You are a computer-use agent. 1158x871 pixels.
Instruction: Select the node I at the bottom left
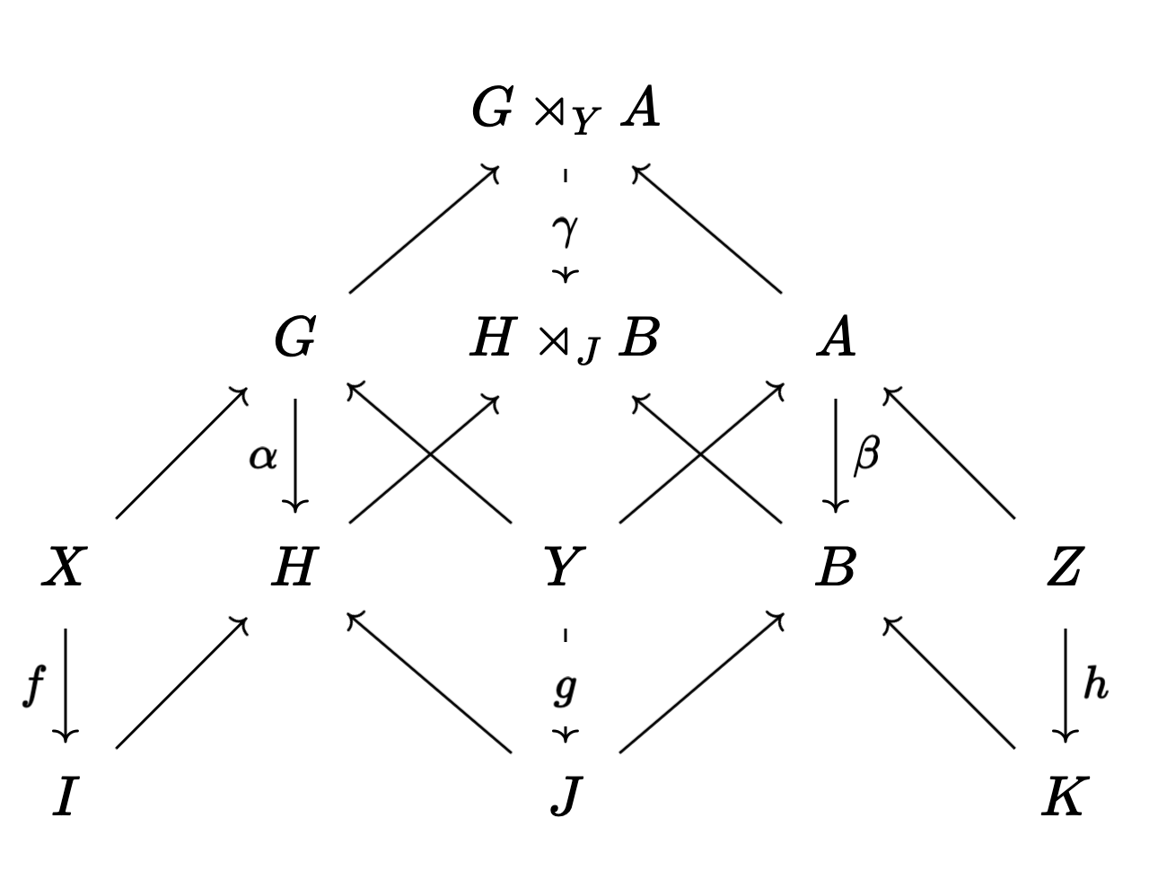click(62, 796)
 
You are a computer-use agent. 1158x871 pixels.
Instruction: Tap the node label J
click(563, 796)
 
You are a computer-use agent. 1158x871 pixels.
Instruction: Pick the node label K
click(1064, 796)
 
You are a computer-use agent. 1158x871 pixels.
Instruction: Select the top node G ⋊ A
click(566, 111)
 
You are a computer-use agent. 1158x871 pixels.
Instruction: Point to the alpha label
click(263, 457)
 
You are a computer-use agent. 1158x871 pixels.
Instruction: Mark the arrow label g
click(565, 689)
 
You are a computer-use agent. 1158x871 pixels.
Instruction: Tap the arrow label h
click(1095, 685)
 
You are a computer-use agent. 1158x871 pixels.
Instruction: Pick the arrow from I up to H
click(180, 682)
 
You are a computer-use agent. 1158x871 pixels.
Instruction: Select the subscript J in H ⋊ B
click(587, 352)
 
